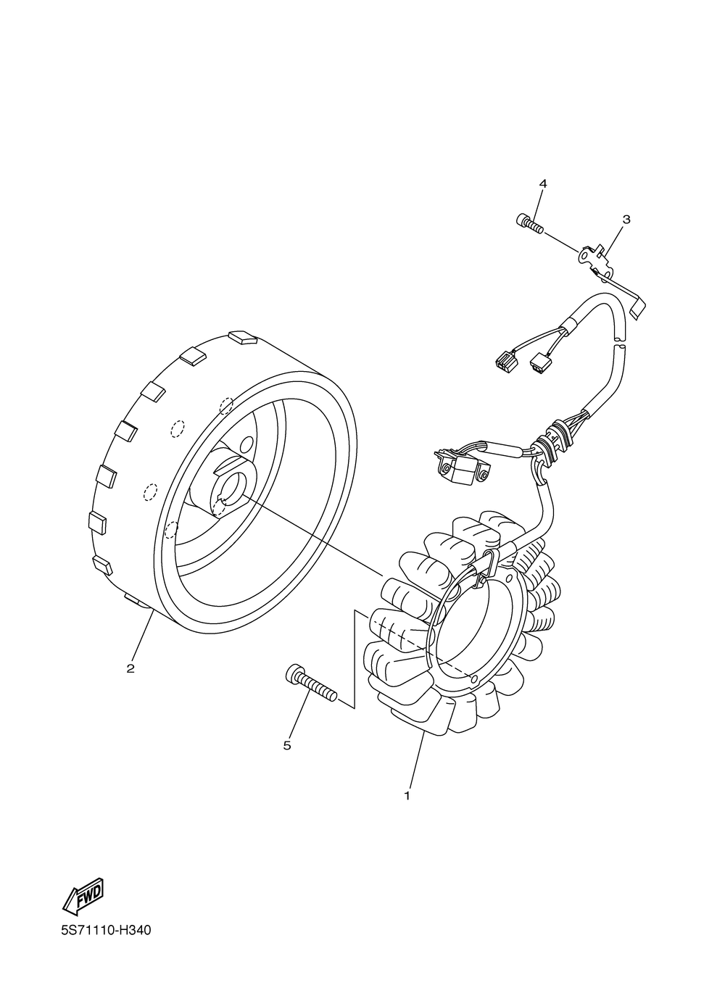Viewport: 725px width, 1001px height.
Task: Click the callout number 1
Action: pos(407,795)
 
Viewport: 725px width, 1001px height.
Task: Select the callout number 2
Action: pos(130,668)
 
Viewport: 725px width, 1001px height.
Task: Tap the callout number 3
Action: pos(626,219)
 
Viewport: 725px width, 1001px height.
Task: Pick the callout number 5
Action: pos(287,745)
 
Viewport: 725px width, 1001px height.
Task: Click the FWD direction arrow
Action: pos(84,897)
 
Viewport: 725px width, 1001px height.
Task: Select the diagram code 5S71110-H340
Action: pos(106,930)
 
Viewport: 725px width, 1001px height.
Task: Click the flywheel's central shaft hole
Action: pos(233,483)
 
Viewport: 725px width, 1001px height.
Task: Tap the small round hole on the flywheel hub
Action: pos(247,442)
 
